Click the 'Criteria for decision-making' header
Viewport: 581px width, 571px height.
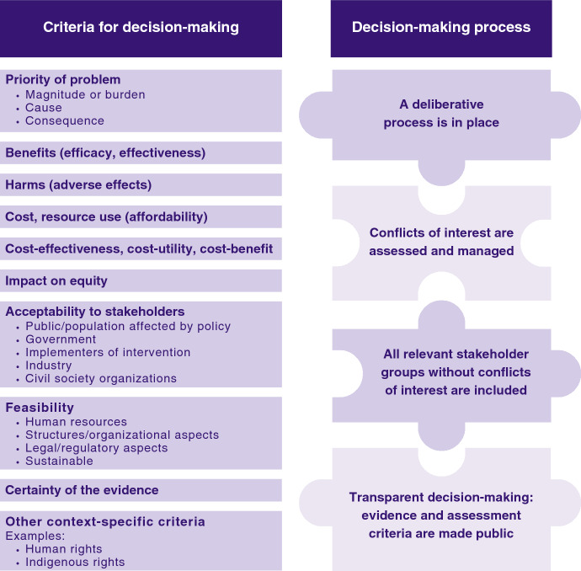pos(141,27)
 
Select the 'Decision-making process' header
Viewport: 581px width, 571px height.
pos(441,27)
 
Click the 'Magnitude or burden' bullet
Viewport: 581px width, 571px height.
pos(85,94)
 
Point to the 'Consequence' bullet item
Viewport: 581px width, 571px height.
pos(65,120)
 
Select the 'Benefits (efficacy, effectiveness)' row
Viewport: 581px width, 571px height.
pos(105,152)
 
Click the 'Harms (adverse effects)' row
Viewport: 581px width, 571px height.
pos(78,184)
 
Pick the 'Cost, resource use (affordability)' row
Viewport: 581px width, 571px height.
pos(106,216)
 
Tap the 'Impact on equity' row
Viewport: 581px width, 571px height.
pos(56,280)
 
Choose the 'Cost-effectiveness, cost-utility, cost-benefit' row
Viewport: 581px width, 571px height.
pos(139,248)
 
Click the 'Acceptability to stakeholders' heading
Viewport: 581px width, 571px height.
pos(94,312)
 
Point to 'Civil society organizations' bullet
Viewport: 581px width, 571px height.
pos(101,378)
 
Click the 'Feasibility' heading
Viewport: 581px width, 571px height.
pos(40,408)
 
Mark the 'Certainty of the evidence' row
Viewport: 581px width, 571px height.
pos(82,489)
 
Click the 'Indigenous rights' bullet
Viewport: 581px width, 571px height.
pos(75,562)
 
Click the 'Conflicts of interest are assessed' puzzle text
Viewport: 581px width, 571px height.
pos(441,241)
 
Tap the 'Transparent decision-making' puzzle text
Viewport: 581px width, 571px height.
pos(441,515)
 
